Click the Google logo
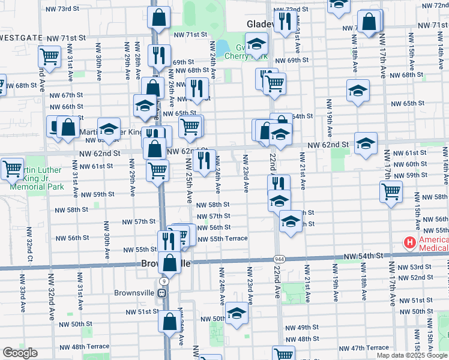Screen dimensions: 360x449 click(x=20, y=353)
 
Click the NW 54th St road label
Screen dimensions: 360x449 click(x=364, y=256)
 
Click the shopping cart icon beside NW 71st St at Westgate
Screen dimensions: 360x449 click(x=50, y=57)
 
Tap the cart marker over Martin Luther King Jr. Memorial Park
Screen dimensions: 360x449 click(x=11, y=169)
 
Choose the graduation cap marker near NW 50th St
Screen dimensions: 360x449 click(x=237, y=313)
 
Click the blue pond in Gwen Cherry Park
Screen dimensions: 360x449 click(x=223, y=46)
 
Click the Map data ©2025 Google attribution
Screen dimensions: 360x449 click(x=412, y=355)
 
